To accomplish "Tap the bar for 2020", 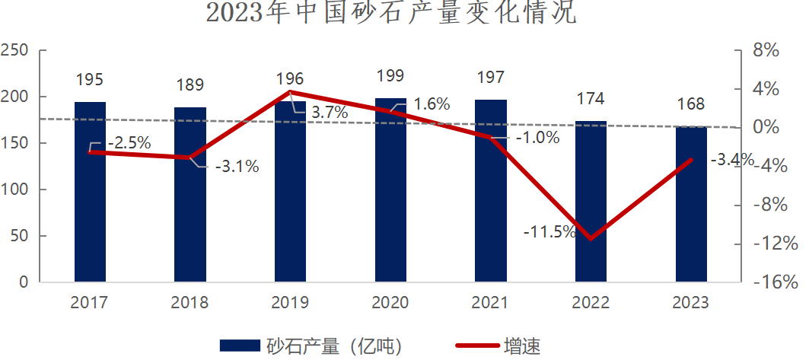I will [x=390, y=190].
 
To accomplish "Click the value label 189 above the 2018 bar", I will [x=190, y=84].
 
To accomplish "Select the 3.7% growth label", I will [x=330, y=113].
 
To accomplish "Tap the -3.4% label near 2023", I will [x=731, y=160].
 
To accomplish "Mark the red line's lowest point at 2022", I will [x=591, y=239].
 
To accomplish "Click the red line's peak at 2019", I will [x=290, y=92].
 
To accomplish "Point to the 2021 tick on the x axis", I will [x=490, y=303].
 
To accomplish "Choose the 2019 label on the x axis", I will [x=290, y=303].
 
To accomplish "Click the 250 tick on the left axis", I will [x=14, y=51].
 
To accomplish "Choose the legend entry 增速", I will [x=522, y=346].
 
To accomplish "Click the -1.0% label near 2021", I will [x=537, y=138].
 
